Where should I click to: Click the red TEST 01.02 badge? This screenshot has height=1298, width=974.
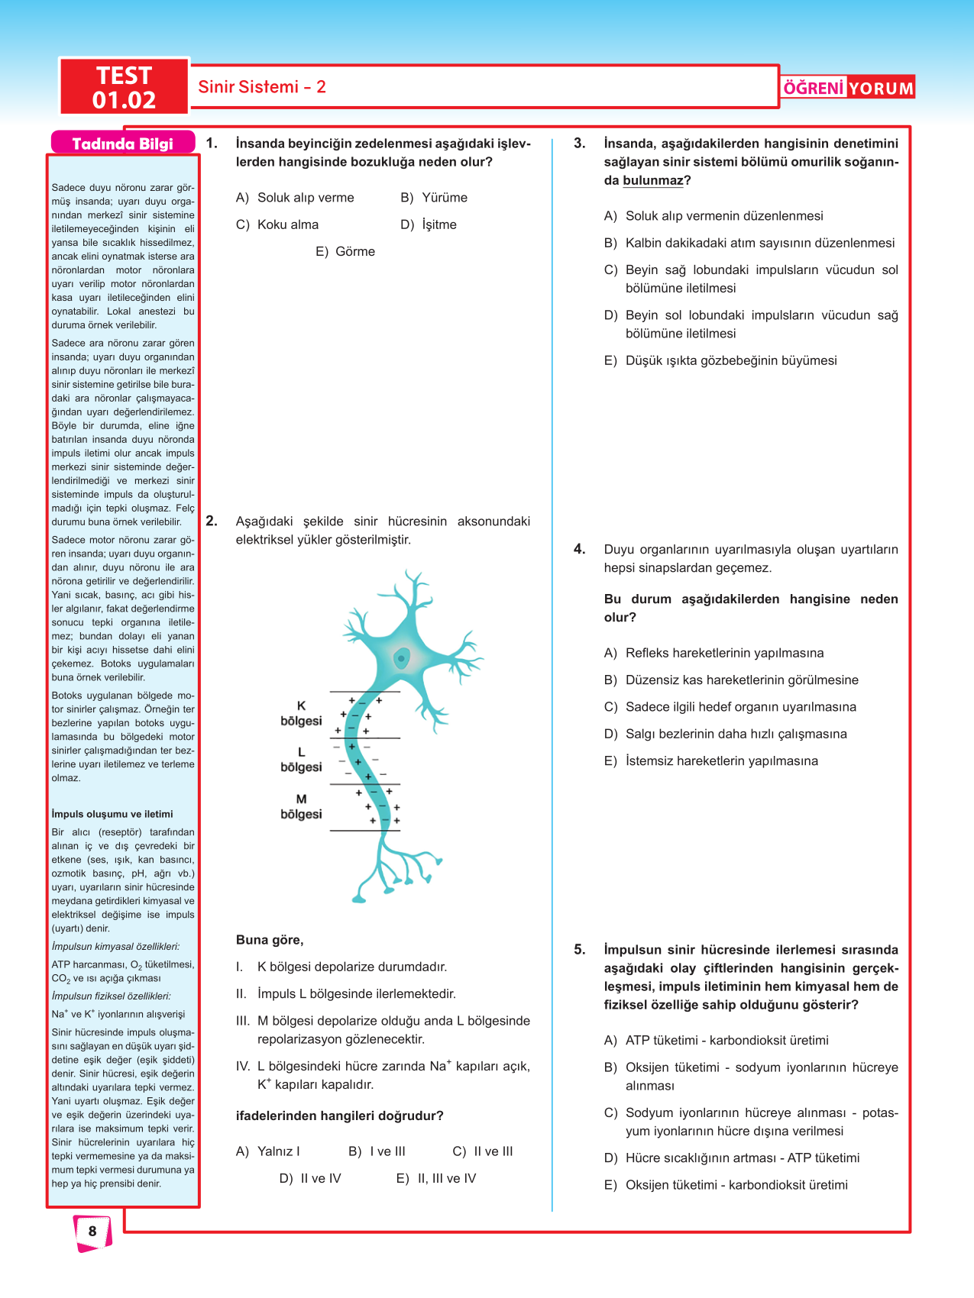pyautogui.click(x=124, y=87)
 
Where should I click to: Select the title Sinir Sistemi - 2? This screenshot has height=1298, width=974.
pyautogui.click(x=262, y=87)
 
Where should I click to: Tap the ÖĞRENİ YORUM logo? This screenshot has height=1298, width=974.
pyautogui.click(x=848, y=88)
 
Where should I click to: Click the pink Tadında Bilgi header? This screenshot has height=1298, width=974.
pyautogui.click(x=122, y=144)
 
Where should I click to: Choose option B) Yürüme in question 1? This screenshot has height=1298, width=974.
pyautogui.click(x=434, y=198)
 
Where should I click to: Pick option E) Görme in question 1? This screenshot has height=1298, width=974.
pyautogui.click(x=345, y=252)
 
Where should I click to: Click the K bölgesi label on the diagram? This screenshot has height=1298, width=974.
pyautogui.click(x=301, y=713)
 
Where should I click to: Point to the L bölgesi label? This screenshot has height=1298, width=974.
pyautogui.click(x=301, y=760)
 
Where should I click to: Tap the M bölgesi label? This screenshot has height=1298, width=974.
pyautogui.click(x=301, y=806)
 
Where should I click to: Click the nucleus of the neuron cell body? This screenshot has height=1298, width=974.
pyautogui.click(x=401, y=657)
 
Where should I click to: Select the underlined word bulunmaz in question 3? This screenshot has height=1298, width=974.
pyautogui.click(x=652, y=181)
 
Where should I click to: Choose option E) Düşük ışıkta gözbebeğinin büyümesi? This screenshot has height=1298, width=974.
pyautogui.click(x=720, y=360)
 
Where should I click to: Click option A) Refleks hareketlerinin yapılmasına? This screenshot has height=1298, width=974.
pyautogui.click(x=714, y=653)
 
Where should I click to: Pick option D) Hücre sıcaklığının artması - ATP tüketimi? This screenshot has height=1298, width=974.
pyautogui.click(x=732, y=1158)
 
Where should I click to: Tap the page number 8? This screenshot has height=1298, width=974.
pyautogui.click(x=92, y=1231)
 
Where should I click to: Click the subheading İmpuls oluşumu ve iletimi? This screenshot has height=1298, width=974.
pyautogui.click(x=112, y=814)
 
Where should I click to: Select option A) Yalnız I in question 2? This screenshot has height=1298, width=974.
pyautogui.click(x=268, y=1151)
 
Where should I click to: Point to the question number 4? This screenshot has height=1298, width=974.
pyautogui.click(x=580, y=549)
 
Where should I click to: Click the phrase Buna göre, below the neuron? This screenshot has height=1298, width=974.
pyautogui.click(x=270, y=940)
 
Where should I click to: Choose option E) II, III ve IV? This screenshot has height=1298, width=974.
pyautogui.click(x=436, y=1178)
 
